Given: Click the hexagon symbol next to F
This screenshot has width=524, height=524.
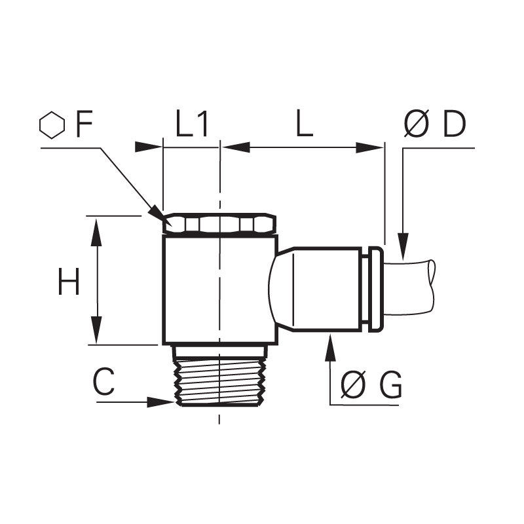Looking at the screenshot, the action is click(52, 125).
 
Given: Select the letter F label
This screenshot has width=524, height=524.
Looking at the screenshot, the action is click(84, 125).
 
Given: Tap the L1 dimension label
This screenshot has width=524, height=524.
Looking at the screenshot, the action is click(191, 124).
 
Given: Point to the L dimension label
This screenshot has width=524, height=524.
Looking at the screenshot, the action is click(305, 124).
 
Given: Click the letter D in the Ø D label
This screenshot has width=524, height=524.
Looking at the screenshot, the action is click(454, 124).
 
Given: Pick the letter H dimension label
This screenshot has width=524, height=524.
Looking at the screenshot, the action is click(69, 281).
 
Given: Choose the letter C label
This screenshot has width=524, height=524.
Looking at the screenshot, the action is click(103, 382).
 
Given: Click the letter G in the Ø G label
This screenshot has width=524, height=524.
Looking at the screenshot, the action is click(390, 385).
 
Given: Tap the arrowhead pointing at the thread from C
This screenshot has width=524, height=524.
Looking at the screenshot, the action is click(160, 402).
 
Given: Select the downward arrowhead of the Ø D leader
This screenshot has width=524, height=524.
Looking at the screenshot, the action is click(403, 247).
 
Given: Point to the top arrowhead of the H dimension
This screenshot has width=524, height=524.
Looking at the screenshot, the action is click(97, 232).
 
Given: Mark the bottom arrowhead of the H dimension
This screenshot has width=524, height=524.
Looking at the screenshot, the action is click(97, 330).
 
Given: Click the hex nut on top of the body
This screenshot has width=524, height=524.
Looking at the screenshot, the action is click(219, 223).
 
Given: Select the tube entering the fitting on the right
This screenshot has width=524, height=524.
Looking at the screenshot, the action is click(410, 290).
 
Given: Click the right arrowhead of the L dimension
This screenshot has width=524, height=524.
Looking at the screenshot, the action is click(369, 147).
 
